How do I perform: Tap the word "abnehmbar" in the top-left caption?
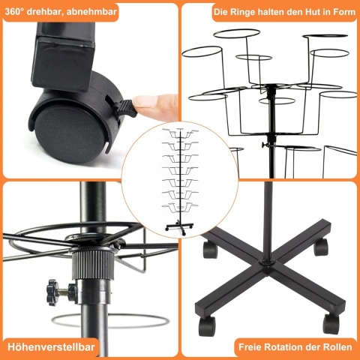tap(91, 12)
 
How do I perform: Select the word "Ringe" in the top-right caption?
tap(243, 12)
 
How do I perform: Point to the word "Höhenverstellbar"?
tap(51, 347)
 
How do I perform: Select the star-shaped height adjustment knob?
tap(52, 292)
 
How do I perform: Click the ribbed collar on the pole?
tap(93, 265)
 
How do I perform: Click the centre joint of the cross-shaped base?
tap(269, 262)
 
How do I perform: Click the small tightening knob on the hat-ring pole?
tap(264, 145)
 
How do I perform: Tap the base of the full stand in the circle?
tap(179, 227)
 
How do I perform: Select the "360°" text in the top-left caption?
tap(14, 12)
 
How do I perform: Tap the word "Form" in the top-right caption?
tap(345, 12)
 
